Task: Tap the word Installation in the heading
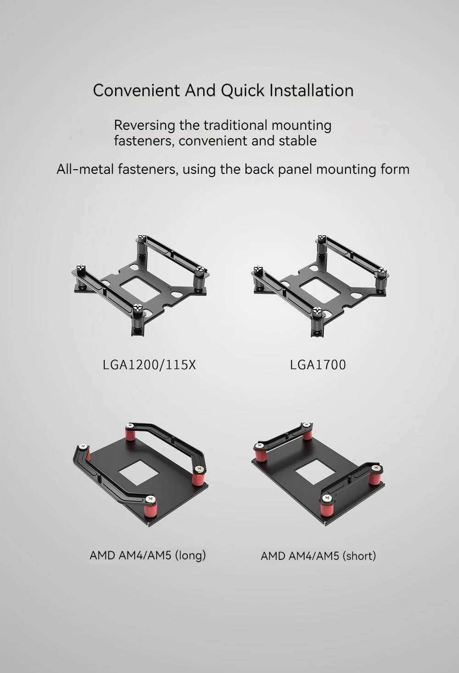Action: pos(311,90)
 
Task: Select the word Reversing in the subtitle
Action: pos(144,126)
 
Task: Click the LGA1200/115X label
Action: pos(149,365)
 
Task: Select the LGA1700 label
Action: pos(318,365)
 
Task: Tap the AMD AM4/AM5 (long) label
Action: pos(148,555)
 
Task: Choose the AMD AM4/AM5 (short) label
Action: pos(319,556)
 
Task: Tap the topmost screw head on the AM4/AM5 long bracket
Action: pos(130,425)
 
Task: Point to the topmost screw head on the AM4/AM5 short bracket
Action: pos(307,424)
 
